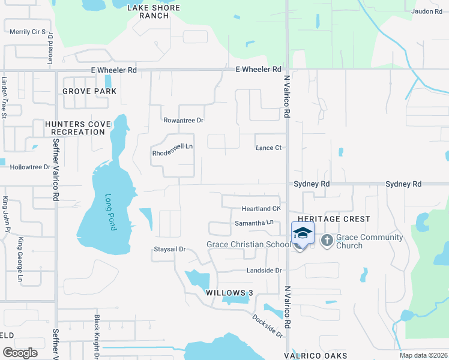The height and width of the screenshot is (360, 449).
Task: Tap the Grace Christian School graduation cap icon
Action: click(x=303, y=233)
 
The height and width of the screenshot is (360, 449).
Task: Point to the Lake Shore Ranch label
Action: click(x=154, y=11)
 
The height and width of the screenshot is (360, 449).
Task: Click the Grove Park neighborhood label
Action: click(x=89, y=91)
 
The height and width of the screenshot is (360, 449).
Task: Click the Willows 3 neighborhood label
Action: click(x=226, y=293)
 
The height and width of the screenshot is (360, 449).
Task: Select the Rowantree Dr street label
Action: click(x=184, y=120)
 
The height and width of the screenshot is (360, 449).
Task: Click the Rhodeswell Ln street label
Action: click(x=172, y=153)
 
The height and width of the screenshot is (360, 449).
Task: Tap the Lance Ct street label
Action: click(x=268, y=148)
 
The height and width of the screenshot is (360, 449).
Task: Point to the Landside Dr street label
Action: click(x=264, y=271)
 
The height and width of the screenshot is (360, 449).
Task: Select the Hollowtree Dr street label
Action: click(x=30, y=167)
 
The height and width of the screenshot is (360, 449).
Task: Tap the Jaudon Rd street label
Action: click(x=427, y=11)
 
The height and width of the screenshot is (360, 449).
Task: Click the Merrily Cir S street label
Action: click(x=28, y=31)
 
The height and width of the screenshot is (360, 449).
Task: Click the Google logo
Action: click(x=20, y=352)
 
